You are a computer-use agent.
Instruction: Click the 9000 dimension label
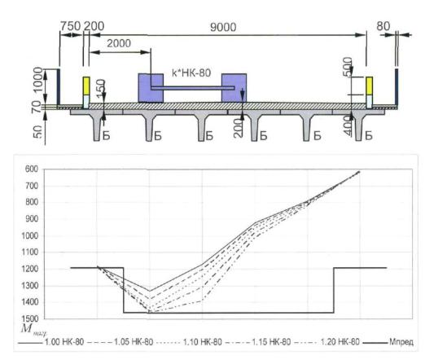(223, 27)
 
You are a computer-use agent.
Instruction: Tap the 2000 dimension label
(119, 43)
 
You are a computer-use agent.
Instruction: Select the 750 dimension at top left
(70, 26)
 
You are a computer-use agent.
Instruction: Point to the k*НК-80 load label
(191, 72)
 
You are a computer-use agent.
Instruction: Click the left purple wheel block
(151, 88)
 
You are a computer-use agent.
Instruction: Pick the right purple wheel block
(234, 88)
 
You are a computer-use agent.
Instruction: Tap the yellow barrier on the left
(86, 86)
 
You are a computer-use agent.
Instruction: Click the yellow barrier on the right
(369, 86)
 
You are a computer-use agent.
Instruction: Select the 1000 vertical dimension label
(38, 80)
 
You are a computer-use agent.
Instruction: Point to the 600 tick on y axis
(32, 169)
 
